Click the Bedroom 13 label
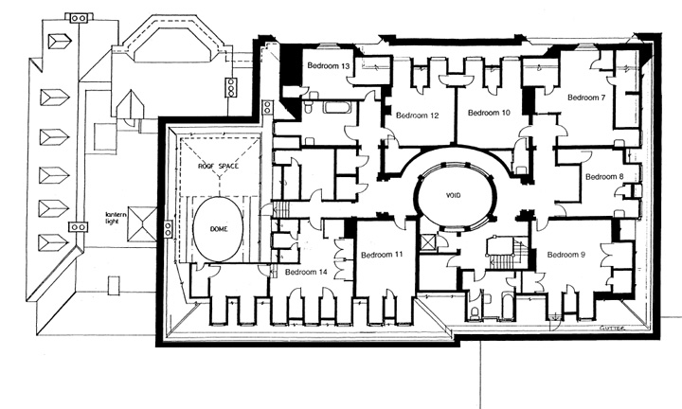pos(329,66)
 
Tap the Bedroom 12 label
pos(417,116)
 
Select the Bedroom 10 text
pos(489,113)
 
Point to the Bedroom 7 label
pos(586,98)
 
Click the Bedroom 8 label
pos(604,177)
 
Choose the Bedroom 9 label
pos(565,255)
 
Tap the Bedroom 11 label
pos(382,255)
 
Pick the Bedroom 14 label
pos(306,272)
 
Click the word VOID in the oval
pos(453,196)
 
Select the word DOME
pos(219,229)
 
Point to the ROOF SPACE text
pos(219,166)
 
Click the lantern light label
pos(116,218)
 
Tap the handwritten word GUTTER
pos(612,329)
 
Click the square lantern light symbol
pos(142,224)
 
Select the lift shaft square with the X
pos(427,242)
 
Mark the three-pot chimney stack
pos(230,87)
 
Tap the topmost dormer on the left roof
pos(59,42)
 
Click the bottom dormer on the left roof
pos(53,242)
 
